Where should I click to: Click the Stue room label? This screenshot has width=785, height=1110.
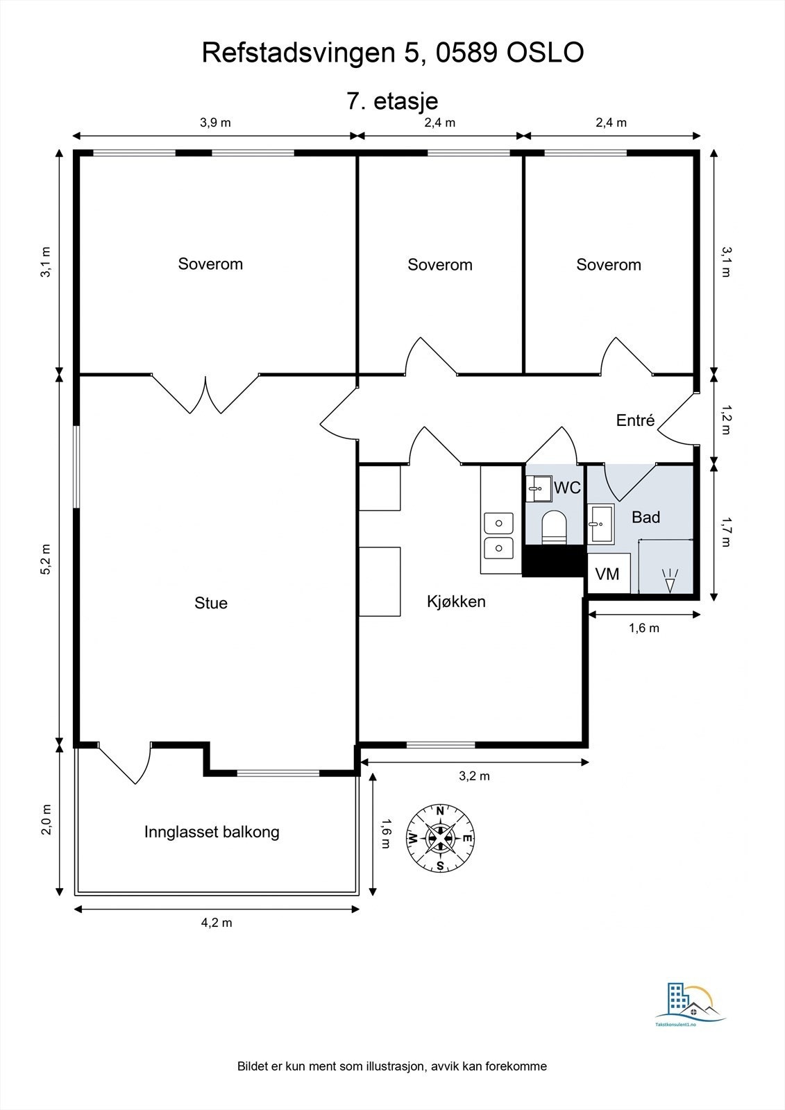[211, 603]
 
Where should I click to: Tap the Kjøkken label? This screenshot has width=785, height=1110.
[456, 601]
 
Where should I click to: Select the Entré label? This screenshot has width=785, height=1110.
[635, 420]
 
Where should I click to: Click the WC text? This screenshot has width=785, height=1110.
[567, 488]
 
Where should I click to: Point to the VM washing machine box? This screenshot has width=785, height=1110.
[608, 574]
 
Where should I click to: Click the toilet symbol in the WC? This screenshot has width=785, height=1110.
[554, 527]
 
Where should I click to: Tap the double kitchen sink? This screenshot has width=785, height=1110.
[498, 536]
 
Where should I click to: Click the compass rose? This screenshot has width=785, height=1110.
[440, 837]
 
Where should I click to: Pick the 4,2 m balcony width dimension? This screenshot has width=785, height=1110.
[217, 923]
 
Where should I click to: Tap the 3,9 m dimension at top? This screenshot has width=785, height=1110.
[215, 123]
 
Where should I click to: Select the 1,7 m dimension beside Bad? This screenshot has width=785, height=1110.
[725, 531]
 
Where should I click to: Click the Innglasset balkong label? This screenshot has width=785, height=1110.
[212, 832]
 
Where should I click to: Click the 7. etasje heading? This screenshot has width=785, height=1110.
[392, 101]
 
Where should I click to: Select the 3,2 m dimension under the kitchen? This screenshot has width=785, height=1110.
[474, 776]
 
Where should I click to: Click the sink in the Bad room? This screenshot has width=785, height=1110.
[600, 524]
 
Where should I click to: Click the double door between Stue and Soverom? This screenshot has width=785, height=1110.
[206, 395]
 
